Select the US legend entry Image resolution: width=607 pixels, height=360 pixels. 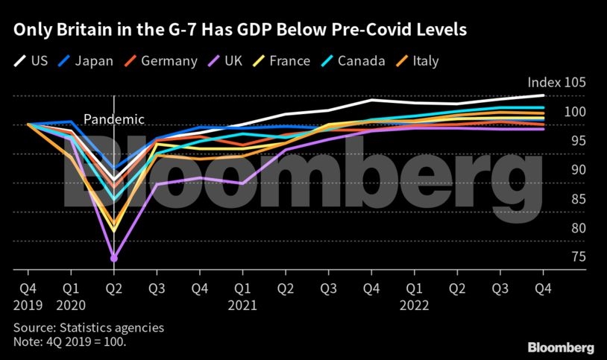pos(32,61)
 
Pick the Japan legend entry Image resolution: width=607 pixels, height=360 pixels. pos(86,61)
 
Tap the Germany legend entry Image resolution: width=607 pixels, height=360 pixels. pos(160,61)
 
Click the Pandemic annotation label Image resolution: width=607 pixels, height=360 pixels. pos(113,119)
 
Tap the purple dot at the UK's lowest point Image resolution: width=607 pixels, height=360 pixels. pos(114,258)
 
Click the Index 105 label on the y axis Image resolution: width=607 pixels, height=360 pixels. pos(556,83)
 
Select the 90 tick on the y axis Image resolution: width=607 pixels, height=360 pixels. pos(558,170)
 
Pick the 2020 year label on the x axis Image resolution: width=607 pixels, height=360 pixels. pos(71,305)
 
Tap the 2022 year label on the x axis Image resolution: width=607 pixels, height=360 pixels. pos(414,305)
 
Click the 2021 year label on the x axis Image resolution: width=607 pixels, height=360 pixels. pos(242,305)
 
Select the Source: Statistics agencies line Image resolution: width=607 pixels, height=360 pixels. pos(89,327)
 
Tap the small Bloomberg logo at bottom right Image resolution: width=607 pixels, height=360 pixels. pos(561,347)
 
